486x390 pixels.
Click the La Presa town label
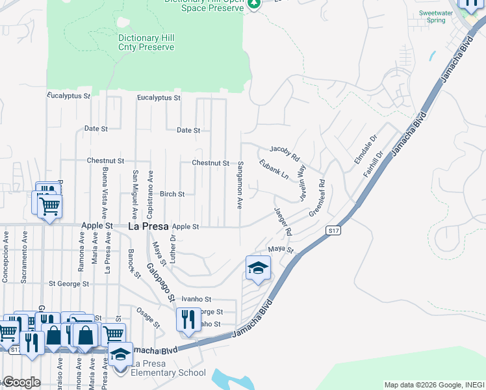point(148,227)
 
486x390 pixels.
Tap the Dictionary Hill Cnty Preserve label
point(146,43)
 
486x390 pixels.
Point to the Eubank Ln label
point(273,170)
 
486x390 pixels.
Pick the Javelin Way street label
point(301,180)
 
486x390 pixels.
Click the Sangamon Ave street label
point(240,185)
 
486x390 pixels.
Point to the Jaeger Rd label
point(283,222)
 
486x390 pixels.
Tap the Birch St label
point(172,194)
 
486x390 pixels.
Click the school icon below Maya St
point(258,268)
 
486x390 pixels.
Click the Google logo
point(21,382)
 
